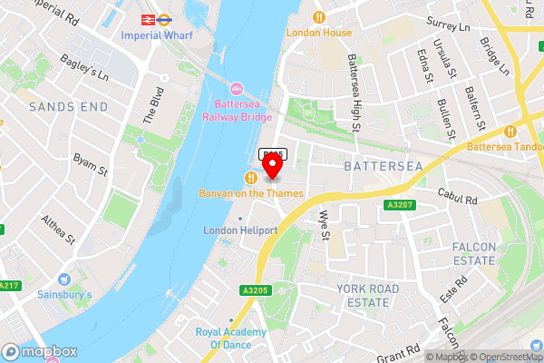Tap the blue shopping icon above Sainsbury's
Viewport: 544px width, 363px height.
[63, 279]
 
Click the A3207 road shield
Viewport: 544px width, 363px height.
[399, 205]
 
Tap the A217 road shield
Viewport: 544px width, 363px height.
[9, 285]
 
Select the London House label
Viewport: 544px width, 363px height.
[318, 32]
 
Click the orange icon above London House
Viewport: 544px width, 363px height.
[318, 16]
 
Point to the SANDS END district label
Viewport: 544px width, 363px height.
[62, 106]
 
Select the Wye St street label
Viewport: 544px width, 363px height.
[325, 221]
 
